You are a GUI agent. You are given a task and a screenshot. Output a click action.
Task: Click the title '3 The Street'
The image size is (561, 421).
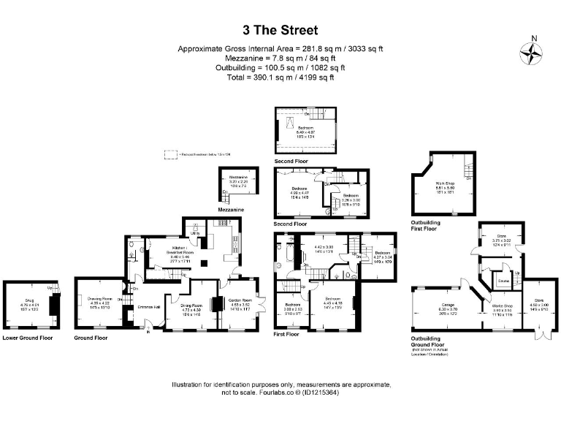pyautogui.click(x=280, y=30)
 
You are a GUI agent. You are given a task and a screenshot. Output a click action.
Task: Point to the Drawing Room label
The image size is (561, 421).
pyautogui.click(x=99, y=299)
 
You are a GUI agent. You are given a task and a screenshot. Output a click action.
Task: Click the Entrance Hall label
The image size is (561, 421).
pyautogui.click(x=148, y=307)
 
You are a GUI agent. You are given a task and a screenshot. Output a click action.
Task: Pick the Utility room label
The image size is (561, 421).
pyautogui.click(x=195, y=233)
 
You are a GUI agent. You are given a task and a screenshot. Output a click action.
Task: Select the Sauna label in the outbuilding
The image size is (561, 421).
pyautogui.click(x=503, y=281)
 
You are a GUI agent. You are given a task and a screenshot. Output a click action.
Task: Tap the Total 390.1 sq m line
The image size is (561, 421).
pyautogui.click(x=280, y=77)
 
